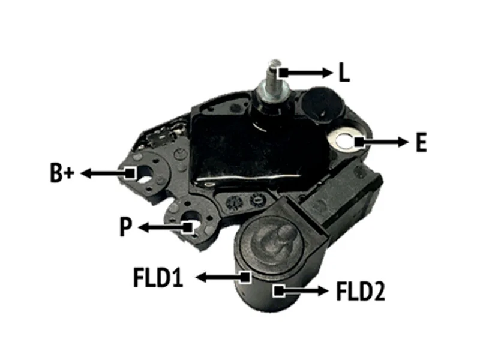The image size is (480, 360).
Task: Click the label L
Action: [344, 72]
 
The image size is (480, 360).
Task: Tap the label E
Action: [421, 142]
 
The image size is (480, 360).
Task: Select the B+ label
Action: [62, 173]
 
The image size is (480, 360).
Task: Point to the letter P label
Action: [126, 227]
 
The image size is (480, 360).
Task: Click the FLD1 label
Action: [158, 277]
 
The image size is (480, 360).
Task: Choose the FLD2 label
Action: [361, 291]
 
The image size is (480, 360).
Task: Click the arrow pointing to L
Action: [306, 73]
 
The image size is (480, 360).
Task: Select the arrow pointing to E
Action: [382, 142]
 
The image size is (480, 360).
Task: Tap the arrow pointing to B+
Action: [108, 173]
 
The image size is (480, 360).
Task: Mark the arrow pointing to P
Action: [166, 227]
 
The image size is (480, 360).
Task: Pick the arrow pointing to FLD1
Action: [223, 277]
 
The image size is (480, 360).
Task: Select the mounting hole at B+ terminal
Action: [146, 174]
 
